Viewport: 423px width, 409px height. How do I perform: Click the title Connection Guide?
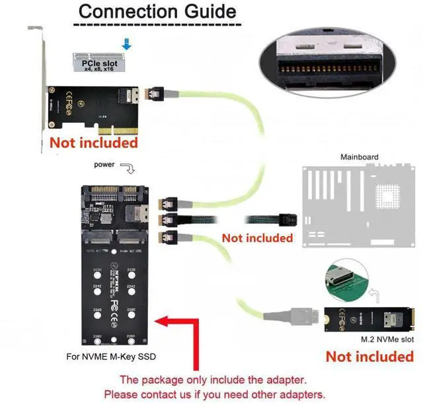pyautogui.click(x=157, y=11)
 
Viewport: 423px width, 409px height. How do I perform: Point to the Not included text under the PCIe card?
pyautogui.click(x=94, y=142)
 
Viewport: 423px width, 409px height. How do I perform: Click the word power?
pyautogui.click(x=105, y=164)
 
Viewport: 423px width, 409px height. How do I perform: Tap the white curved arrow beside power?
pyautogui.click(x=129, y=169)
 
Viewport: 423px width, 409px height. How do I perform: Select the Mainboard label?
pyautogui.click(x=359, y=157)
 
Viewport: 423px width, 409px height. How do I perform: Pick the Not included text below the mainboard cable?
pyautogui.click(x=257, y=237)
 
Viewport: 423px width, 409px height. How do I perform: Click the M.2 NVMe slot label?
pyautogui.click(x=387, y=339)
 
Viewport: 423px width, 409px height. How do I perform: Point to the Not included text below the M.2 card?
pyautogui.click(x=369, y=357)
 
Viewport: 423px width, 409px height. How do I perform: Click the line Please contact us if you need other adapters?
pyautogui.click(x=215, y=394)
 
